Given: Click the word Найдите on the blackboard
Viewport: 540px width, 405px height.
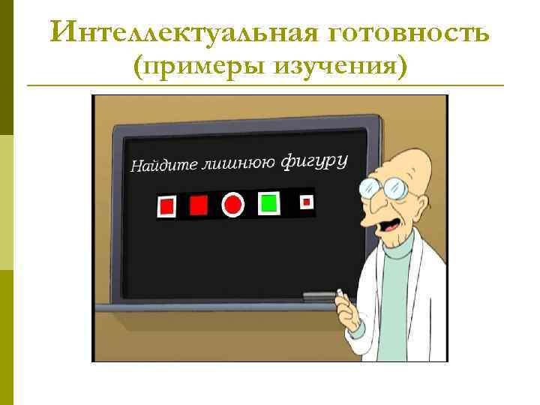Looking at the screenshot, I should point(160,164).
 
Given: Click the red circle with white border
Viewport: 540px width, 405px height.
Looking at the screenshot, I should point(233,204).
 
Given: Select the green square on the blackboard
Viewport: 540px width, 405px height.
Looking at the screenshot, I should point(268,203).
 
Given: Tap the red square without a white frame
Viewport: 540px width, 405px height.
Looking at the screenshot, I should point(199,205).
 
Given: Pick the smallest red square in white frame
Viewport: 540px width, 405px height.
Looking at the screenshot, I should point(305,202).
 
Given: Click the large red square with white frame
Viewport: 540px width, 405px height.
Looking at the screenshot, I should point(166,205).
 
